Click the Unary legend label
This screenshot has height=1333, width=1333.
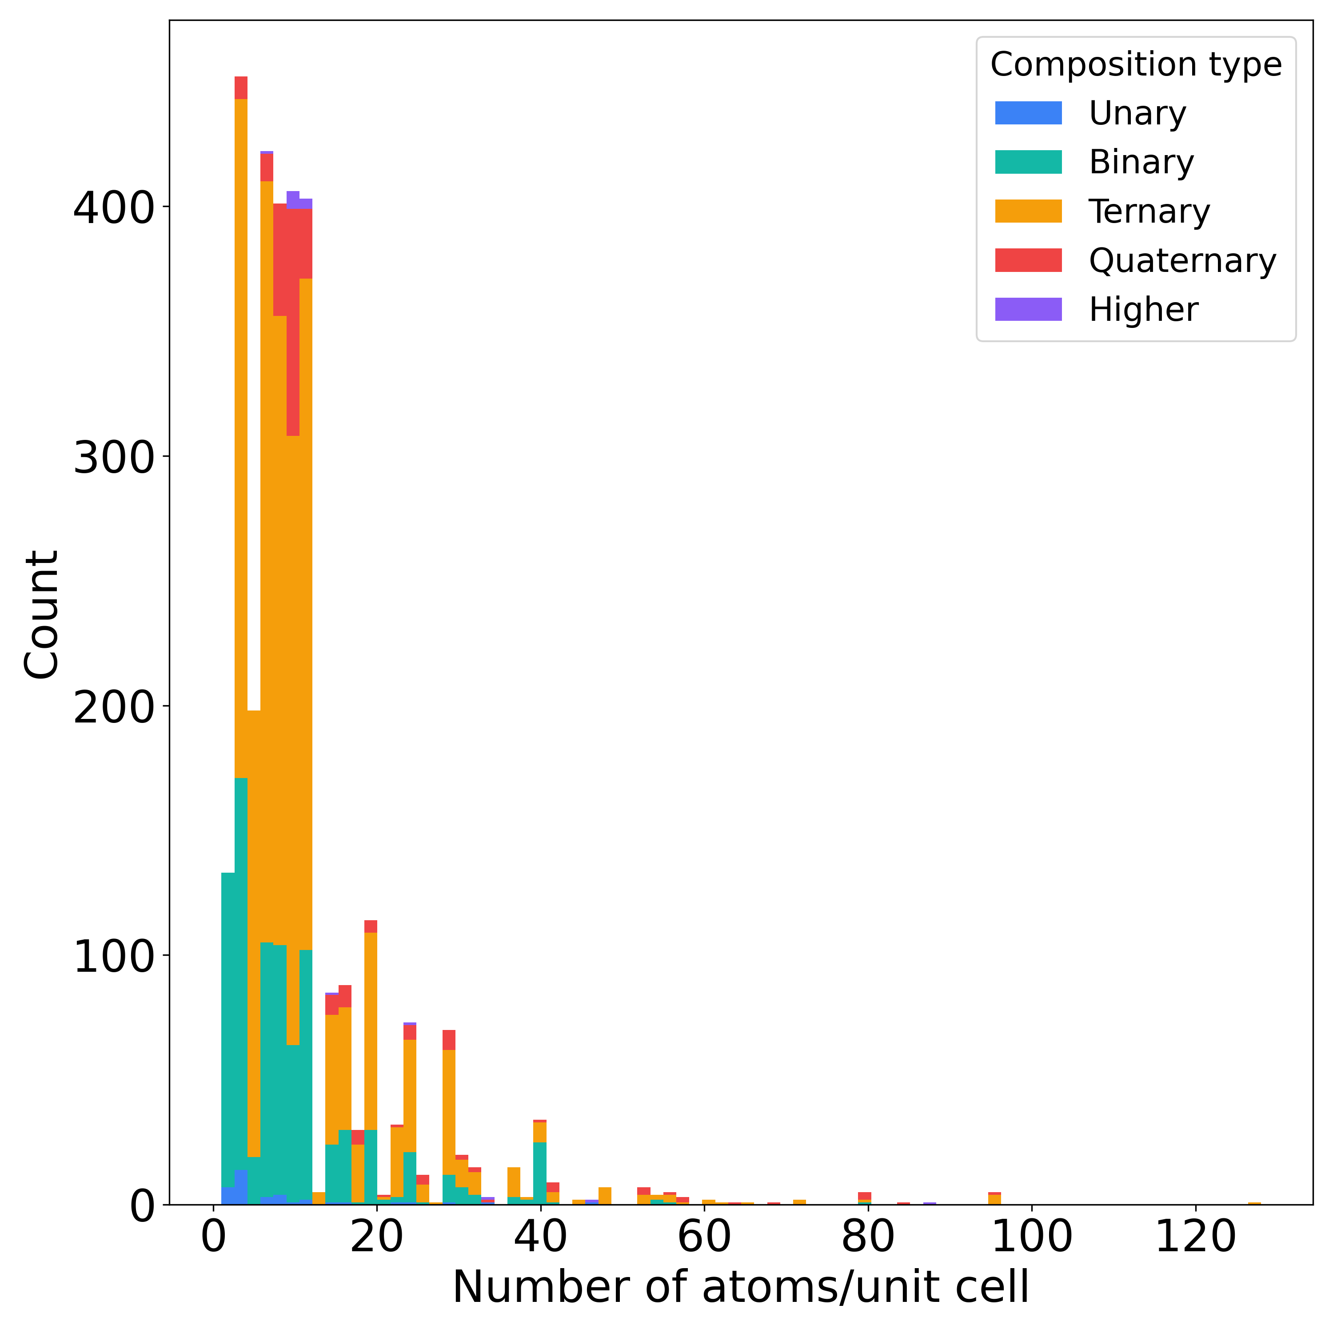pos(1137,113)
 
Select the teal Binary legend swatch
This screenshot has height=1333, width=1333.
pos(1028,162)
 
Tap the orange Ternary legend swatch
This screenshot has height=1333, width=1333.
pos(1028,211)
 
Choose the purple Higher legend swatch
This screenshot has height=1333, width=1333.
pos(1028,310)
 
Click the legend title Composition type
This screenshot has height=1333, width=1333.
pos(1136,65)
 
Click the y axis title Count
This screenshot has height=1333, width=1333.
pos(41,614)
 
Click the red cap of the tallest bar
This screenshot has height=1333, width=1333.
pos(241,88)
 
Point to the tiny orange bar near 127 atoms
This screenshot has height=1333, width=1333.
pos(1254,1203)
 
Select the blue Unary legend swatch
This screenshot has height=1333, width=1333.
pos(1028,113)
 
